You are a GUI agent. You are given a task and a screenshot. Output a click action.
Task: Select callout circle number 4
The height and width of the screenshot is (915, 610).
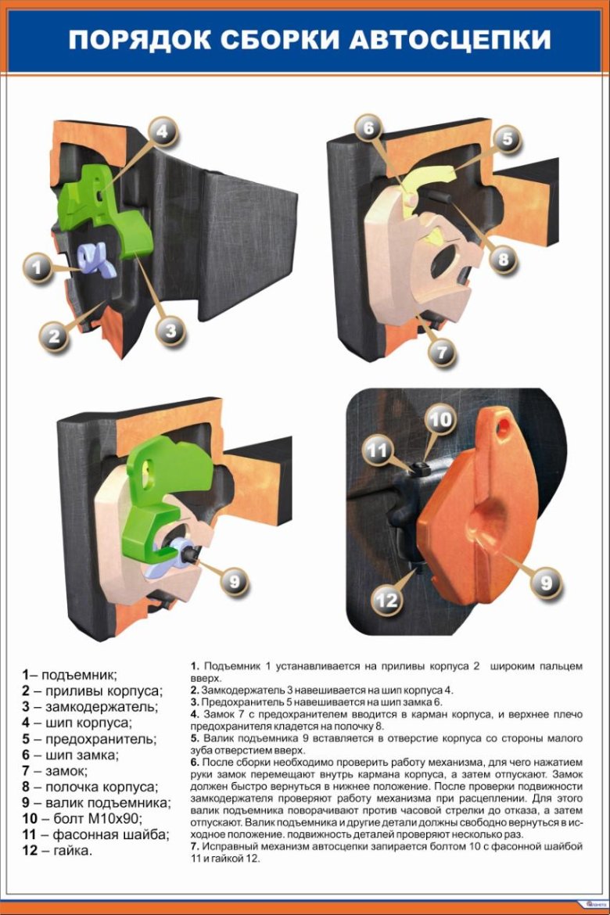pyautogui.click(x=163, y=132)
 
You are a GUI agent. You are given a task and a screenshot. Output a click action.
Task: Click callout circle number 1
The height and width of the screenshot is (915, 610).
pyautogui.click(x=38, y=267)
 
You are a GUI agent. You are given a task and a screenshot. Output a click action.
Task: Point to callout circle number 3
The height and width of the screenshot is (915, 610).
pyautogui.click(x=170, y=332)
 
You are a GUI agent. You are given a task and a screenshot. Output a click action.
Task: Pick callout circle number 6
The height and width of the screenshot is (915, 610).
pyautogui.click(x=368, y=128)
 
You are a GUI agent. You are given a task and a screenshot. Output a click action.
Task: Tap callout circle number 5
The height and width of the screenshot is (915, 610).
pyautogui.click(x=507, y=139)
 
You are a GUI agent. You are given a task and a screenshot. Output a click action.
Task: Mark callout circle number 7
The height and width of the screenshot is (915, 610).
pyautogui.click(x=442, y=352)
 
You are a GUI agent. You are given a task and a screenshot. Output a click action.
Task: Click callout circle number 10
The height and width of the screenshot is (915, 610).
pyautogui.click(x=441, y=419)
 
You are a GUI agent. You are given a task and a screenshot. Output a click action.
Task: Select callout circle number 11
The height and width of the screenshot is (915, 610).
pyautogui.click(x=377, y=450)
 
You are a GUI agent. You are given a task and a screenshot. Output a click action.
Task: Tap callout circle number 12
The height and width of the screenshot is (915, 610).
pyautogui.click(x=386, y=600)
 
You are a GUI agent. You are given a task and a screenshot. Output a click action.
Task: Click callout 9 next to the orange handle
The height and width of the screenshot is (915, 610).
pyautogui.click(x=546, y=583)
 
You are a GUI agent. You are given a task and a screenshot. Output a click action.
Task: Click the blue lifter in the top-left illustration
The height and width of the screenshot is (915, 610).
pyautogui.click(x=96, y=260)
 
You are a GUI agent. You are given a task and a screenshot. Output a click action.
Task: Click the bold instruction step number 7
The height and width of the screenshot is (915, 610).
pyautogui.click(x=195, y=846)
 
